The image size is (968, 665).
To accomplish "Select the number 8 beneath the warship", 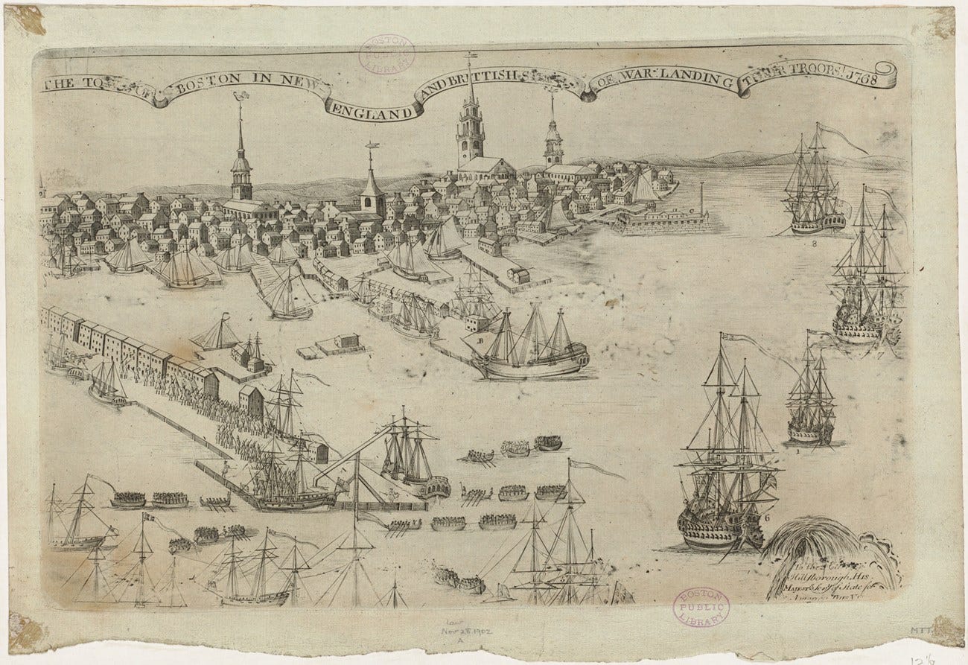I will pyautogui.click(x=815, y=243).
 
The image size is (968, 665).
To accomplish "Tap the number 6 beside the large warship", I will pyautogui.click(x=766, y=516).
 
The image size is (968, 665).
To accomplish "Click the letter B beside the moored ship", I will pyautogui.click(x=480, y=342).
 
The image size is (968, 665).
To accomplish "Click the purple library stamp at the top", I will pyautogui.click(x=387, y=54).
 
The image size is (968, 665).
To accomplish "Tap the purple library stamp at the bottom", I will pyautogui.click(x=701, y=608).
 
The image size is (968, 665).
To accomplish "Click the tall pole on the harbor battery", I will pyautogui.click(x=701, y=197).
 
